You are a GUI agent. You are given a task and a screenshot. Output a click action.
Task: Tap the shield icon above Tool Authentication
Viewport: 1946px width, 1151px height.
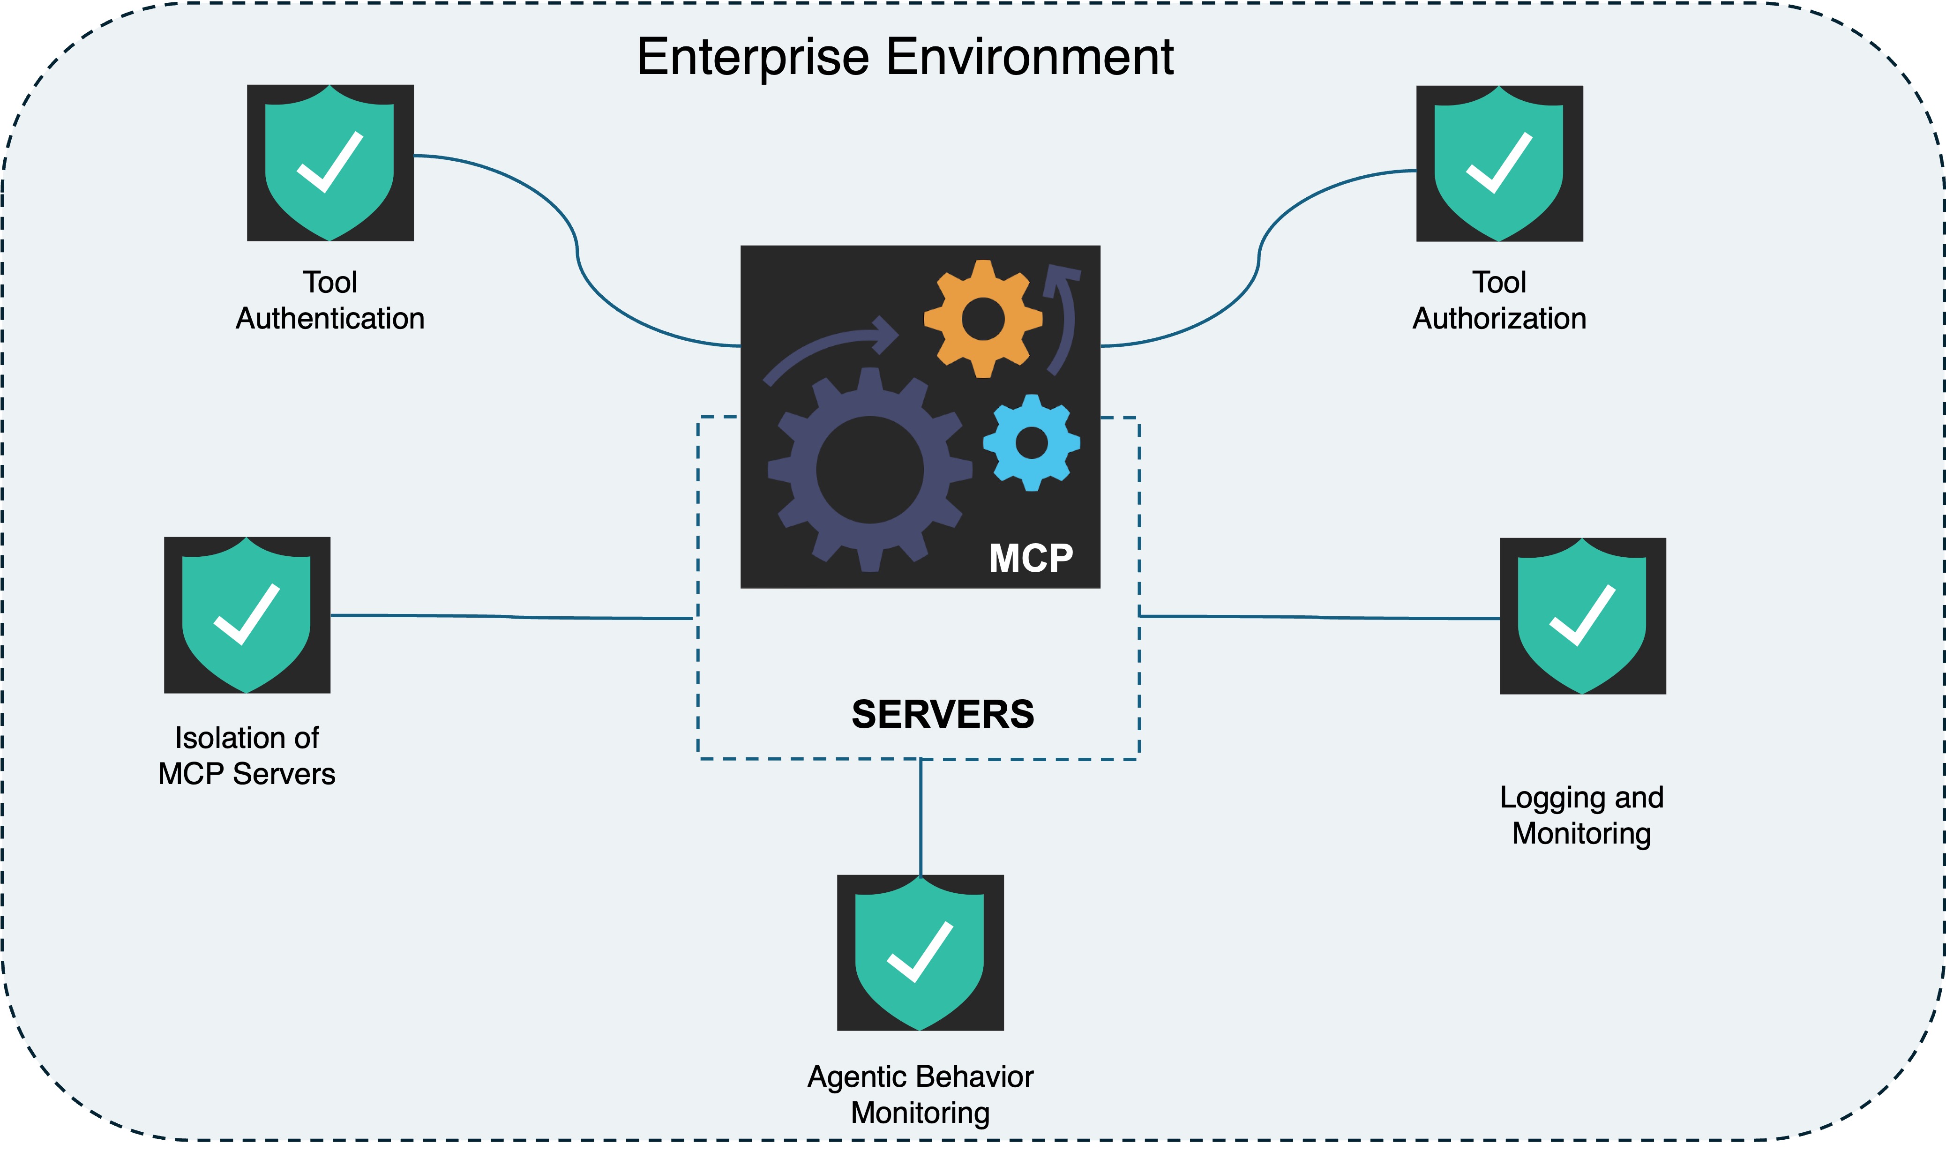tap(329, 163)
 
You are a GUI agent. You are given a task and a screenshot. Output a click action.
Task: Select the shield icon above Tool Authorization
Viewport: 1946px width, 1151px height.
tap(1498, 164)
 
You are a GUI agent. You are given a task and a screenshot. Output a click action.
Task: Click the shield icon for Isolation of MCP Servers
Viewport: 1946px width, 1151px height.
tap(247, 615)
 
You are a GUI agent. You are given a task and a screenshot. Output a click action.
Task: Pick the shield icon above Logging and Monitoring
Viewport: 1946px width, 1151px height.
tap(1582, 616)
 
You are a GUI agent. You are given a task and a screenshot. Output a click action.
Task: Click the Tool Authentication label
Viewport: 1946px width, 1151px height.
tap(329, 300)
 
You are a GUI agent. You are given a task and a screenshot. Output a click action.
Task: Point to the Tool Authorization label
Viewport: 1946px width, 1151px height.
tap(1498, 300)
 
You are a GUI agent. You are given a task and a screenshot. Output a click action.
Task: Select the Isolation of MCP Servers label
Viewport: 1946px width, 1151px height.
tap(247, 755)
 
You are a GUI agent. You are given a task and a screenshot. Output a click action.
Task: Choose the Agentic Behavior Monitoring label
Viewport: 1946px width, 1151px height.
tap(920, 1094)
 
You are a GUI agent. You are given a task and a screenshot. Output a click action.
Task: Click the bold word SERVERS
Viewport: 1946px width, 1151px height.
tap(943, 714)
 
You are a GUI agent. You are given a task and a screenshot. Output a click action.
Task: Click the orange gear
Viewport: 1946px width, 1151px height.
tap(983, 319)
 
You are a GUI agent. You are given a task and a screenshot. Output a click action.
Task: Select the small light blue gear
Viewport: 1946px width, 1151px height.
tap(1032, 443)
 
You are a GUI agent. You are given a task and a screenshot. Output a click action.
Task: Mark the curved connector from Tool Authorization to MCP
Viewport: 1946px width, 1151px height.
tap(1258, 260)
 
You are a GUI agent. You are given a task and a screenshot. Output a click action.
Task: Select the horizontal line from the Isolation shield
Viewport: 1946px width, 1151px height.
tap(512, 617)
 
